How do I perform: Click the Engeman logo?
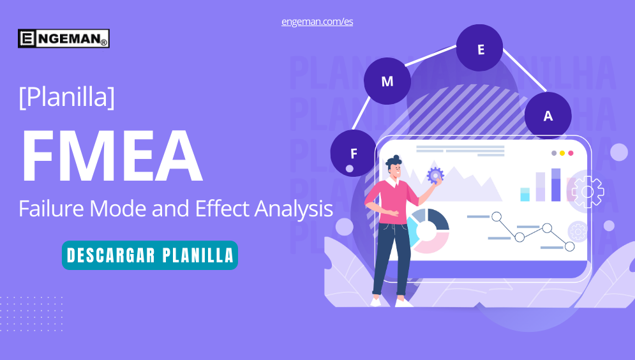[x=64, y=38]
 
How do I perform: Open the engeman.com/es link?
[x=317, y=22]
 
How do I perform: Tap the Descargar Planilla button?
[x=150, y=255]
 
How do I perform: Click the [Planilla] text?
[x=67, y=96]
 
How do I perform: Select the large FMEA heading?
[x=112, y=156]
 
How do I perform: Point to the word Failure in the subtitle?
[x=51, y=209]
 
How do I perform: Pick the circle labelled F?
[x=354, y=153]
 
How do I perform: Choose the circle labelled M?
[x=387, y=81]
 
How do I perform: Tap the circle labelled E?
[x=480, y=48]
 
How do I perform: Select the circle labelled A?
[x=548, y=116]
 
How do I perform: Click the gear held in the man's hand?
[x=435, y=176]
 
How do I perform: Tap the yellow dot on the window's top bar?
[x=562, y=153]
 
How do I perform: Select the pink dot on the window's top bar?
[x=571, y=153]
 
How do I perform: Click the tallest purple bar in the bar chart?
[x=556, y=184]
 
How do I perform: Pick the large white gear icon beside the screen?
[x=588, y=191]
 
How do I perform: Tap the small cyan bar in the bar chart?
[x=525, y=195]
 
